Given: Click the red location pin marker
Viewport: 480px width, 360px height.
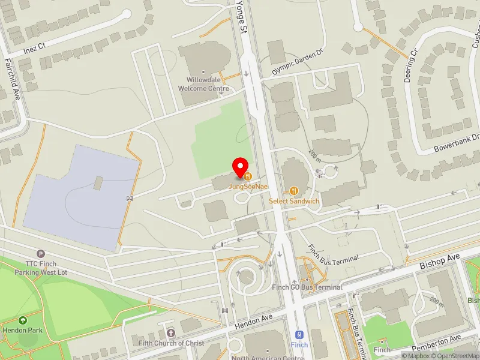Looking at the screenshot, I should [241, 167].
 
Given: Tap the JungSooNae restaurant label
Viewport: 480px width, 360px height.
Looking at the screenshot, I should [247, 186].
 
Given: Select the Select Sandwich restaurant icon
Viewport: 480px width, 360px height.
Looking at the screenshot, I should [293, 191].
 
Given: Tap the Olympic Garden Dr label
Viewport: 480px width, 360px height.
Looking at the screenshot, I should [298, 61].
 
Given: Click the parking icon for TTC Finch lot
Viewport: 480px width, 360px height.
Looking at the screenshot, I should [40, 254].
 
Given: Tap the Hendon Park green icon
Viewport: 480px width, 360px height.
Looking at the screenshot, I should [23, 321].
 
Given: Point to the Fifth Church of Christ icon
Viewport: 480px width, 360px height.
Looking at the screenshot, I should [170, 332].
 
